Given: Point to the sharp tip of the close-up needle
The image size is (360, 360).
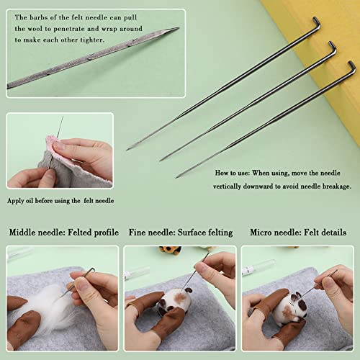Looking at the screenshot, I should [x=177, y=30].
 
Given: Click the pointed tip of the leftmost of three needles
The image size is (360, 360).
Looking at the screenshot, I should [x=128, y=149].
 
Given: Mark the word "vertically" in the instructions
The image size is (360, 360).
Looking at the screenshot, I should [x=233, y=186].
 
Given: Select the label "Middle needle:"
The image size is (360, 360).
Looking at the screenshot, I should [x=37, y=233].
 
